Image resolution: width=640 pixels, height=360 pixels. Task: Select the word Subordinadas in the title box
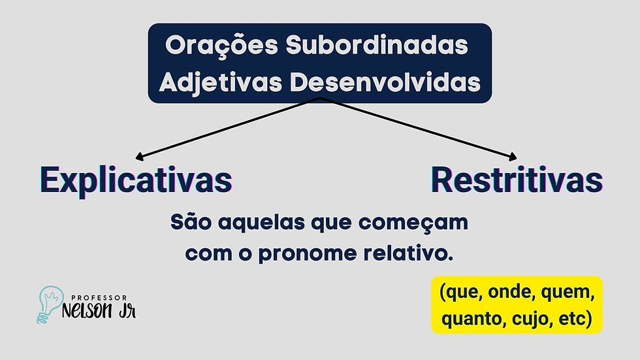377,45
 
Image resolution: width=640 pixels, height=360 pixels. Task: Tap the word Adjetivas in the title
221,83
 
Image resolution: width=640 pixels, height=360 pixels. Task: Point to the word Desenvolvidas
385,82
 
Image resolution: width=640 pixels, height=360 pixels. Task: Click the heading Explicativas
136,181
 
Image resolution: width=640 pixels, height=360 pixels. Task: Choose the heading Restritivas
517,180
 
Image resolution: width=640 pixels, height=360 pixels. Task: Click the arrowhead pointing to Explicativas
138,157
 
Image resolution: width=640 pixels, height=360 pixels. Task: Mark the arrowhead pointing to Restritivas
513,157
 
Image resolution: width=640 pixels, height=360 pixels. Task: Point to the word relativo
408,253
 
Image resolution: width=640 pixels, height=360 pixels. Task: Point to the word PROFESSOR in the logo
99,298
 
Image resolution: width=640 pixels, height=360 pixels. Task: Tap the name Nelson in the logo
86,311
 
